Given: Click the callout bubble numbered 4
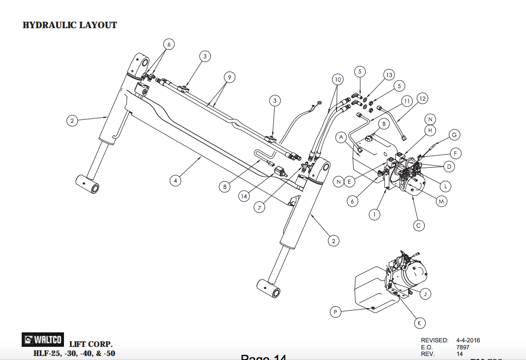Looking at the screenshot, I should pyautogui.click(x=175, y=180).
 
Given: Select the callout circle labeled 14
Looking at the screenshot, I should pyautogui.click(x=244, y=196).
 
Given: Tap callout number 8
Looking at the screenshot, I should pyautogui.click(x=225, y=186).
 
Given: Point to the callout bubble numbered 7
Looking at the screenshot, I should pyautogui.click(x=259, y=207).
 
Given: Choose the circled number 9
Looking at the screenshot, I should pyautogui.click(x=229, y=77).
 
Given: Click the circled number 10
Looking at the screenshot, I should pyautogui.click(x=338, y=80).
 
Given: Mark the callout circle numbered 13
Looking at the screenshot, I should pyautogui.click(x=388, y=75).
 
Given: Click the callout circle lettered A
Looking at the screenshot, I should pyautogui.click(x=341, y=136).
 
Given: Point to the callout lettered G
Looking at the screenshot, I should pyautogui.click(x=454, y=134).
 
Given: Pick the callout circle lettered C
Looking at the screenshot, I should pyautogui.click(x=418, y=226).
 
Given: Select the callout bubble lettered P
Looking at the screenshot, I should pyautogui.click(x=336, y=312).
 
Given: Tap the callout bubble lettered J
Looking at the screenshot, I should pyautogui.click(x=425, y=294).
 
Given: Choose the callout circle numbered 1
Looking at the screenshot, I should pyautogui.click(x=374, y=214).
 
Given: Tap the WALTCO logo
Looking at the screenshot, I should pyautogui.click(x=42, y=340).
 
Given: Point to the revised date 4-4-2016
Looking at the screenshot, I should pyautogui.click(x=468, y=340).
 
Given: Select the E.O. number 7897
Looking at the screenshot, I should pyautogui.click(x=463, y=347).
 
